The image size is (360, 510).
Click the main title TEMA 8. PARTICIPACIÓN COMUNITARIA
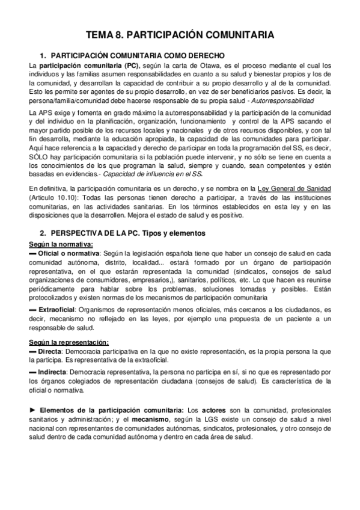[180, 35]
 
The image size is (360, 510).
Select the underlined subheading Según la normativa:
[60, 244]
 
